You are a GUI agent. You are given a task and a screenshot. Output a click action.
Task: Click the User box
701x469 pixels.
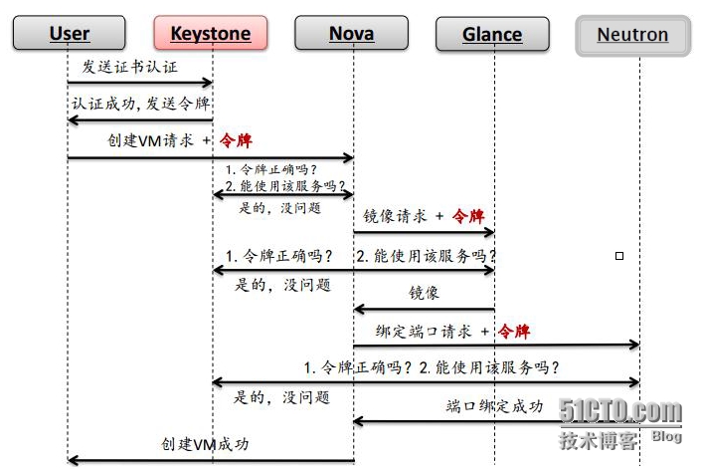point(69,34)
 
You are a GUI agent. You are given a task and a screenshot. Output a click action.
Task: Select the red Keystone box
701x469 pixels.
point(212,34)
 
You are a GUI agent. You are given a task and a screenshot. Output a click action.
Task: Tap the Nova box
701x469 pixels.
point(352,34)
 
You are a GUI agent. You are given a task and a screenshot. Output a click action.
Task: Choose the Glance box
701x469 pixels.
point(492,34)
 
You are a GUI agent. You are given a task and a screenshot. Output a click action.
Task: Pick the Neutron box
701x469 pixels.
point(632,35)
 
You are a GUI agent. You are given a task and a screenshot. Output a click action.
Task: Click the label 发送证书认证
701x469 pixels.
point(130,67)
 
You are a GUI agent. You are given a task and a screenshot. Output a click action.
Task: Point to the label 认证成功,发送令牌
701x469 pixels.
point(140,104)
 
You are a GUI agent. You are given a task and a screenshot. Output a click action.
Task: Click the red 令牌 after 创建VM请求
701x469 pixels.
point(237,140)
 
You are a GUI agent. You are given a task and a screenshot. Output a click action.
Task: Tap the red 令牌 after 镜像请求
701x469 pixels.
point(468,215)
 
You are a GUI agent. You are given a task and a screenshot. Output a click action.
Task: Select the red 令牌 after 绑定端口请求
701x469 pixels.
point(514,331)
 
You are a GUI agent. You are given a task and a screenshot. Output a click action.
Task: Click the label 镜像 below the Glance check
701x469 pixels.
point(425,293)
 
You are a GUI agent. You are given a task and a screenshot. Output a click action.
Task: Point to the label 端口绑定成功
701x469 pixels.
point(494,406)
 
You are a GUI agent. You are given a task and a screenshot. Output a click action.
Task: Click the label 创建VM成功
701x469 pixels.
point(205,444)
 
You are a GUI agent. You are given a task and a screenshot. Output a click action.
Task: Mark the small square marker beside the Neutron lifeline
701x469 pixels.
point(619,256)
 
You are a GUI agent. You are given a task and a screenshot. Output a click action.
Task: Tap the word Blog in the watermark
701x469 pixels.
point(667,437)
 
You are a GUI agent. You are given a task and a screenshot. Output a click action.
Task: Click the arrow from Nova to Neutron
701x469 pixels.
point(497,346)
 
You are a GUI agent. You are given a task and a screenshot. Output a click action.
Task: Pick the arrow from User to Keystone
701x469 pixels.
point(140,83)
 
